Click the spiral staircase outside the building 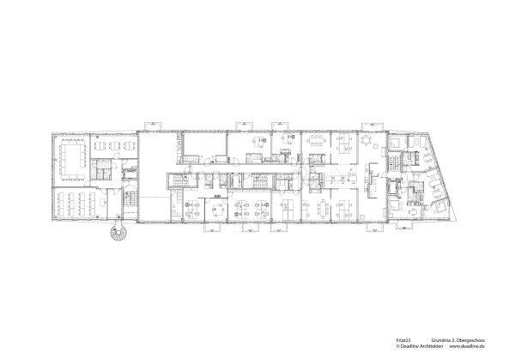(115, 231)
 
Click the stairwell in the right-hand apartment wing (396, 161)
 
